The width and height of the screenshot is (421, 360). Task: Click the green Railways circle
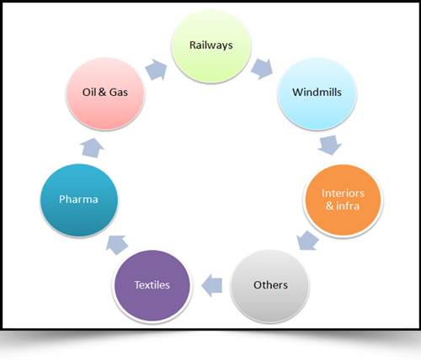click(211, 46)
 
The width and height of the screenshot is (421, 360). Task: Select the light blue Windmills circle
click(317, 93)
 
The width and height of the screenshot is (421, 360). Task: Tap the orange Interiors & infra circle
click(343, 200)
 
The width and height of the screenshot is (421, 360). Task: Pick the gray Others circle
click(270, 286)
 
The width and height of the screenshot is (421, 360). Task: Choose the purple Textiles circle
click(152, 286)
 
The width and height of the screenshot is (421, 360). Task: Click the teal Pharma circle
click(79, 200)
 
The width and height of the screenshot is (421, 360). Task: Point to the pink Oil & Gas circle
click(105, 93)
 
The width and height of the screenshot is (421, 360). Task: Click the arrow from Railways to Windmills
click(262, 69)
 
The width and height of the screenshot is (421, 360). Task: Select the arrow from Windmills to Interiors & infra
click(330, 145)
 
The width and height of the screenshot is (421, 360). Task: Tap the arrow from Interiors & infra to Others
click(307, 241)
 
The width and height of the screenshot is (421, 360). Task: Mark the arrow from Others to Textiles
click(212, 285)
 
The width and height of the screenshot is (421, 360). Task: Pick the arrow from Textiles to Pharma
click(117, 245)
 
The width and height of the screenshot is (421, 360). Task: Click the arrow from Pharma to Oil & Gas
click(92, 148)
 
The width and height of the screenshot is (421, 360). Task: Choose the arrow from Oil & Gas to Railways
click(156, 70)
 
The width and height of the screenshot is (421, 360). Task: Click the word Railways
click(211, 45)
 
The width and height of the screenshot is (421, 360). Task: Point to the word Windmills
click(317, 93)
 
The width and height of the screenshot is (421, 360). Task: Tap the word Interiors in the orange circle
click(343, 193)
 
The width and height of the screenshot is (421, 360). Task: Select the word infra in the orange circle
click(348, 206)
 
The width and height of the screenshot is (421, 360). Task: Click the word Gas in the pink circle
click(119, 93)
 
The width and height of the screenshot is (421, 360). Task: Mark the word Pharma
click(78, 199)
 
